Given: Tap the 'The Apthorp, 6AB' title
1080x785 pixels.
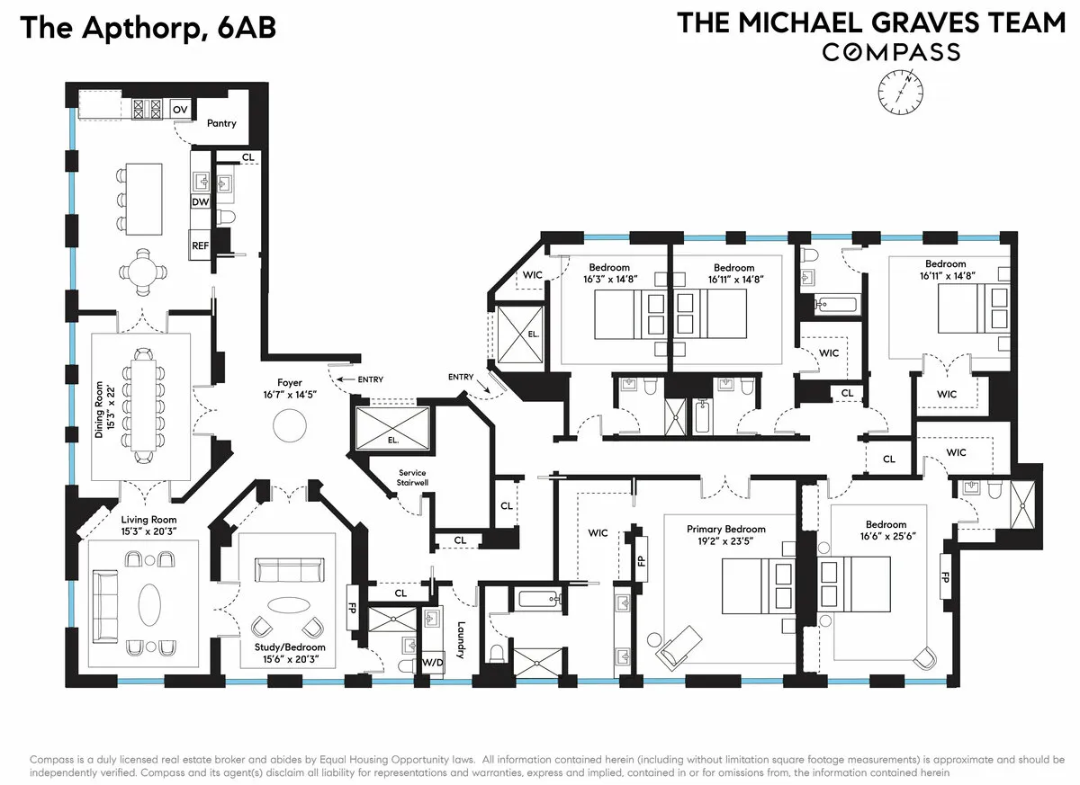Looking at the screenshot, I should pos(148,27).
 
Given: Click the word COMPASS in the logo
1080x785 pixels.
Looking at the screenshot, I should pos(890,52).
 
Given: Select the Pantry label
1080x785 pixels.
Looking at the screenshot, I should pos(221,123).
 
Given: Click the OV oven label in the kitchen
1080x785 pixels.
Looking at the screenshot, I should pos(180,110).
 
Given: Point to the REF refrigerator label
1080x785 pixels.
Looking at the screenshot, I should pos(199,245).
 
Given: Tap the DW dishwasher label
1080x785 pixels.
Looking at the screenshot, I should pos(199,202).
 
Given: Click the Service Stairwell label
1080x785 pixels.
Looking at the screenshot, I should pos(411,477).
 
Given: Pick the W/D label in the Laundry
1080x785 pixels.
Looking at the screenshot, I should pos(433,664).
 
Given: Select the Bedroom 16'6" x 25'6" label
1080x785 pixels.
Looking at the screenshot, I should pos(886,531).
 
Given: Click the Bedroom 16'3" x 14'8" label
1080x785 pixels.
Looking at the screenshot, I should pos(609,272).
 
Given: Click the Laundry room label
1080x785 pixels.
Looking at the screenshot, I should pos(460,639).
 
